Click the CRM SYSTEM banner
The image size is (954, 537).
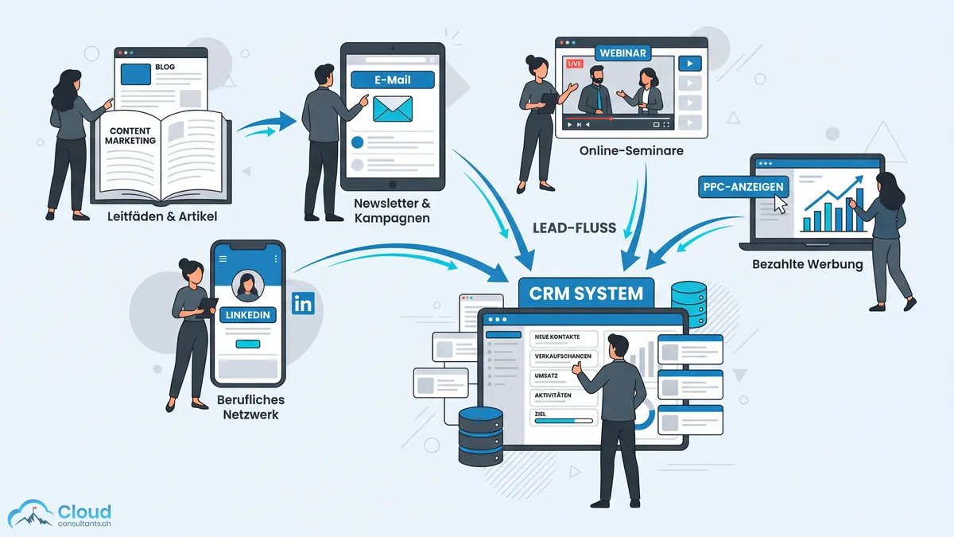tap(586, 293)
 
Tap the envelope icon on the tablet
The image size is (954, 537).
tap(393, 109)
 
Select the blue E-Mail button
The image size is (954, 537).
tap(393, 80)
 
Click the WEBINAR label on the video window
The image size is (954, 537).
tap(622, 52)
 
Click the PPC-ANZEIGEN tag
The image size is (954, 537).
tap(743, 188)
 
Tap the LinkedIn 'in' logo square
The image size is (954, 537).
tap(303, 303)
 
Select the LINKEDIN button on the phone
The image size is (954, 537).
tap(248, 315)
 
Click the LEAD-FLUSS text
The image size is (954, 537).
tap(574, 228)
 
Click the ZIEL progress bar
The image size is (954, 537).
tap(564, 422)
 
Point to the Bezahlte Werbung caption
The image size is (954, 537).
tap(807, 264)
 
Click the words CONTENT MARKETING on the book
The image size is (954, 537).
tap(130, 135)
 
